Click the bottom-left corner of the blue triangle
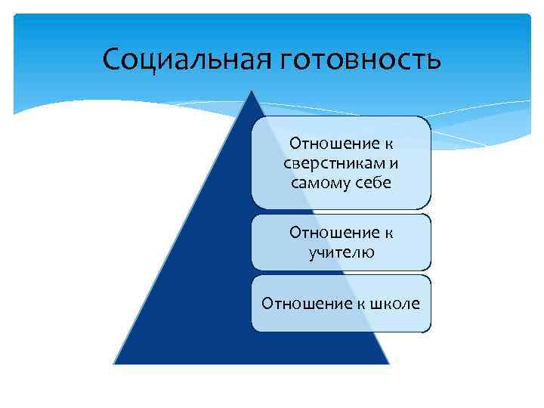coord(114,363)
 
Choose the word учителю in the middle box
coord(341,252)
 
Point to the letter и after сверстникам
coord(394,164)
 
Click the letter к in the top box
coord(388,144)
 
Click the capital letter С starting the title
coord(110,57)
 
